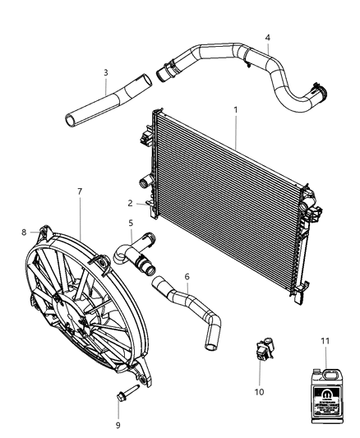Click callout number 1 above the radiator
[x=236, y=109]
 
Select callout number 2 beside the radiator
[x=130, y=203]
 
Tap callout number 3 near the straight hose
[x=105, y=72]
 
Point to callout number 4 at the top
[x=267, y=37]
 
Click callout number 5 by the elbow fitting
[x=130, y=223]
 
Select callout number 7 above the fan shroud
[x=79, y=191]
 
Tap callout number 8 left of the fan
[x=24, y=232]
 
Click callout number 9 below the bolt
[x=118, y=424]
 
